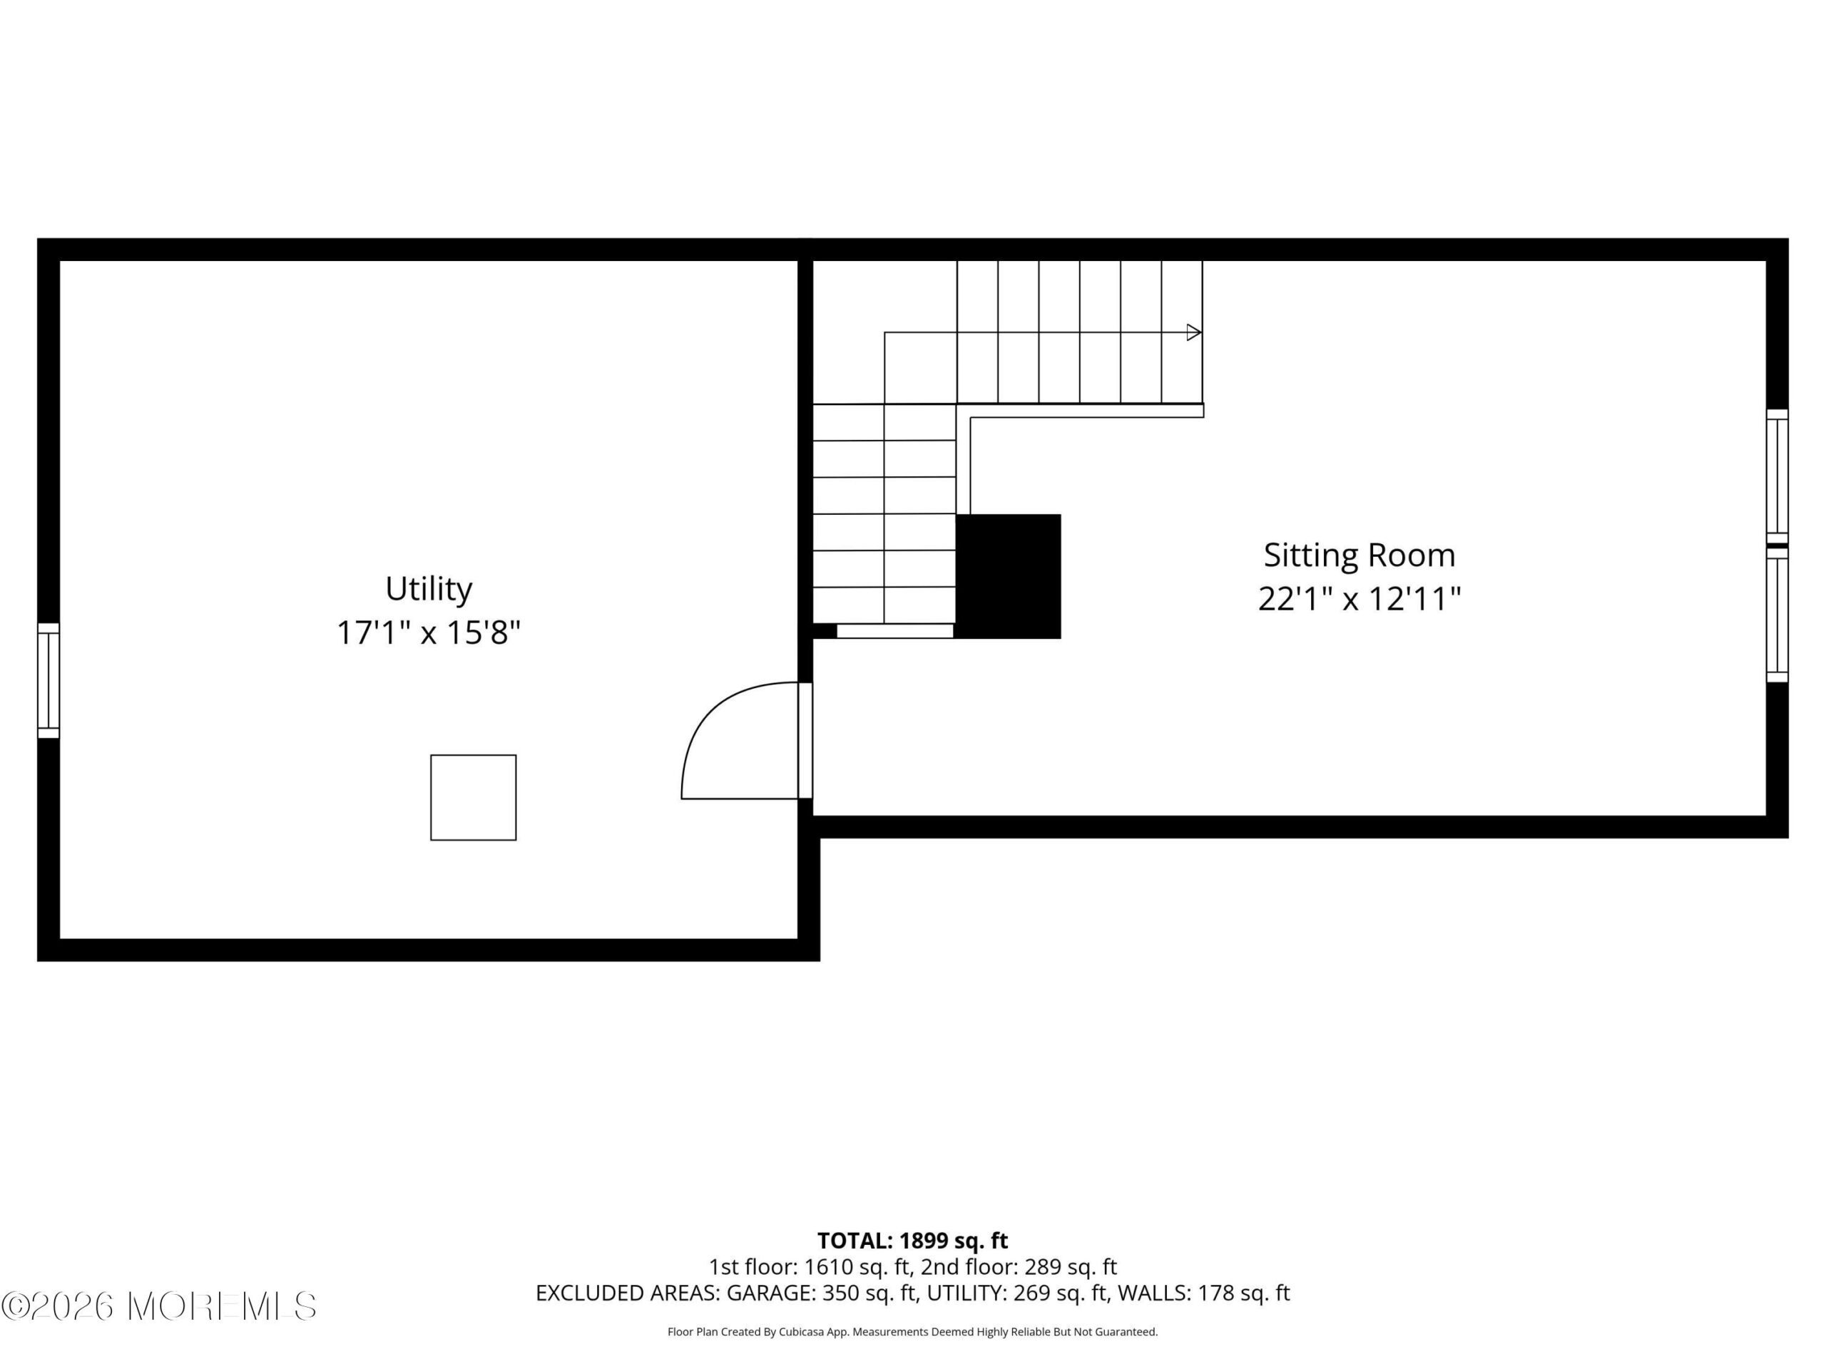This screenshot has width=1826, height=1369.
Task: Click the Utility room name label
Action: pyautogui.click(x=429, y=589)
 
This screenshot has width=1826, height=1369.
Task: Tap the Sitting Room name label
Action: pyautogui.click(x=1359, y=555)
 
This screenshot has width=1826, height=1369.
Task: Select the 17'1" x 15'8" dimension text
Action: pyautogui.click(x=429, y=633)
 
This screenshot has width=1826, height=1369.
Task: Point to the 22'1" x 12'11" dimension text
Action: pyautogui.click(x=1359, y=599)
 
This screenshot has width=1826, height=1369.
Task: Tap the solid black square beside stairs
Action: pyautogui.click(x=1008, y=576)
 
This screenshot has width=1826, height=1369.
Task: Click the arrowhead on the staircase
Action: pyautogui.click(x=1193, y=332)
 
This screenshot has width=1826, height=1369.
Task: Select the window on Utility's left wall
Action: pyautogui.click(x=49, y=681)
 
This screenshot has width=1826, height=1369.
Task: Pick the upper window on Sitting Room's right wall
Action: pyautogui.click(x=1777, y=476)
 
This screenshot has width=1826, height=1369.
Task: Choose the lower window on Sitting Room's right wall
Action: pyautogui.click(x=1777, y=615)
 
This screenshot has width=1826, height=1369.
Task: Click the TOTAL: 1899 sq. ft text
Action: pyautogui.click(x=912, y=1240)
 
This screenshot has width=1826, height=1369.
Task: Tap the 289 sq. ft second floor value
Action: pyautogui.click(x=1071, y=1266)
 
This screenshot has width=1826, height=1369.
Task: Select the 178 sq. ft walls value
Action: pyautogui.click(x=1243, y=1293)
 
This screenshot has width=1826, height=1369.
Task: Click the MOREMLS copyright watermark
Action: pyautogui.click(x=158, y=1306)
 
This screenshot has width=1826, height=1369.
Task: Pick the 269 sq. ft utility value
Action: pyautogui.click(x=1060, y=1293)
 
